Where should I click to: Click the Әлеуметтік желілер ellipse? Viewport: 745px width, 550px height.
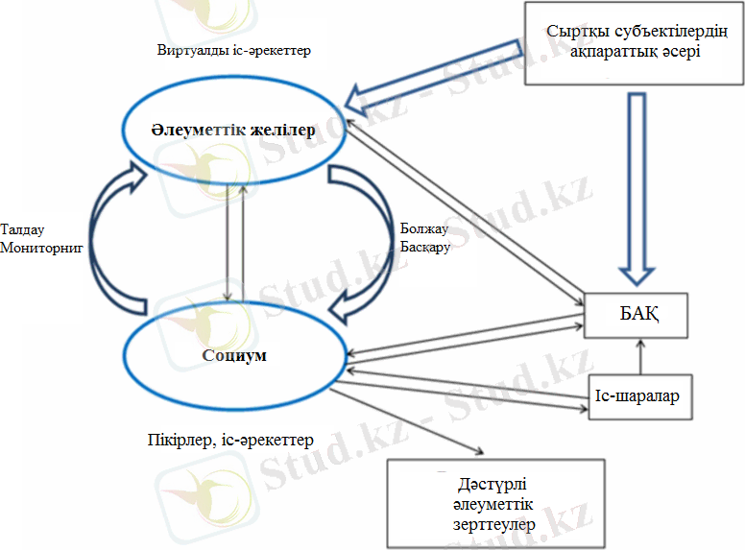[233, 130]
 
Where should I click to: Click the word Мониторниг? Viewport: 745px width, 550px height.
[42, 247]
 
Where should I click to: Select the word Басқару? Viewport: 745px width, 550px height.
[423, 247]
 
